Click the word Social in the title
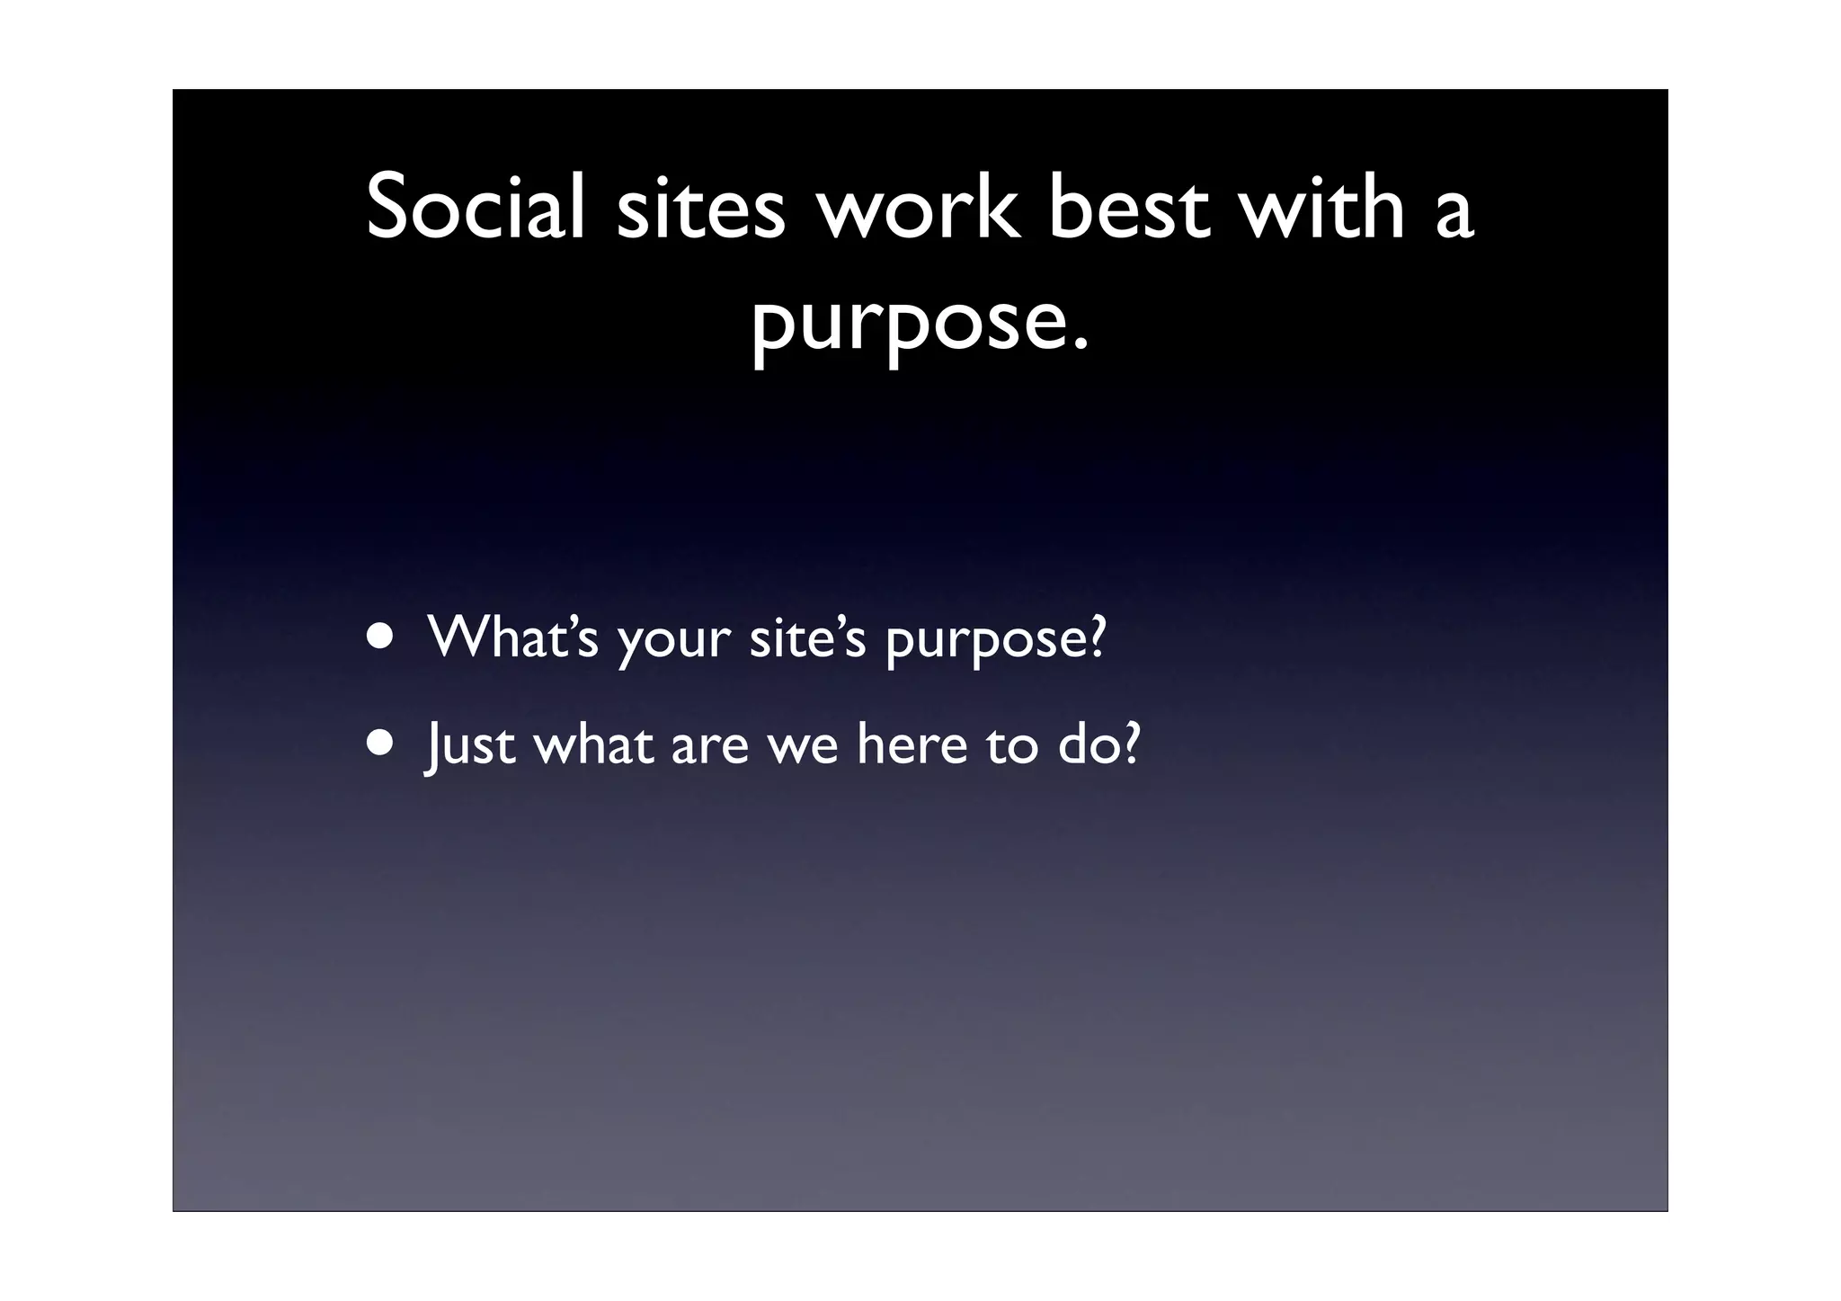(476, 208)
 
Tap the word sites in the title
(700, 208)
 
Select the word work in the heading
(918, 208)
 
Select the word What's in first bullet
(512, 636)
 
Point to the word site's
(807, 636)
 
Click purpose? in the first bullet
(995, 641)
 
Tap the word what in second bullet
(593, 744)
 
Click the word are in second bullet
(709, 748)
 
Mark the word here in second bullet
(912, 744)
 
